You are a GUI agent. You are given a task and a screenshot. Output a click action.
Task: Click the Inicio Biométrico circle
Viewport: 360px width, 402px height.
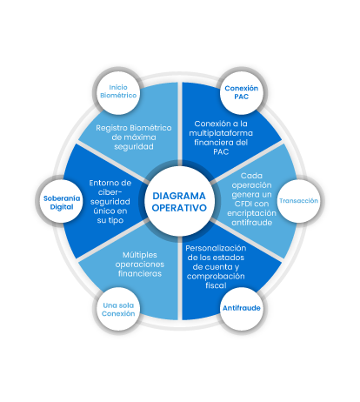(x=118, y=91)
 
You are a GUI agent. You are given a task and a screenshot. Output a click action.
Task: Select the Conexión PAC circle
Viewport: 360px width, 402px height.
(x=242, y=91)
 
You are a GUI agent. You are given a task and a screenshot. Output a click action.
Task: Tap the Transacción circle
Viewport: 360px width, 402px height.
(x=299, y=201)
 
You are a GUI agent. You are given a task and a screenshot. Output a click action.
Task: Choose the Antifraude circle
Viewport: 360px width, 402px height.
(x=242, y=308)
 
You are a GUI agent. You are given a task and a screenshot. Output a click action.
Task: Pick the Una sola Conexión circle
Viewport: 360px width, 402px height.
(x=118, y=309)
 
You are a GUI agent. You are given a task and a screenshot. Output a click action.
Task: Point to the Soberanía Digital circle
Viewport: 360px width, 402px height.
(x=61, y=201)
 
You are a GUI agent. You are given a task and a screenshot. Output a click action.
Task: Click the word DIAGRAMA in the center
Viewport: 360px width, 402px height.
(x=179, y=196)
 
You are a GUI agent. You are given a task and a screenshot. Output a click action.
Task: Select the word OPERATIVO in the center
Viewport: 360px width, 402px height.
(x=179, y=208)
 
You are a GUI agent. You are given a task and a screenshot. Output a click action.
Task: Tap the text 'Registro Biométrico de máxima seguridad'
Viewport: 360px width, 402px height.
(x=134, y=137)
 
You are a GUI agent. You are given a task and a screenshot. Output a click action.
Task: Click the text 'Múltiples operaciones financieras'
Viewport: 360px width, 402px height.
(x=140, y=265)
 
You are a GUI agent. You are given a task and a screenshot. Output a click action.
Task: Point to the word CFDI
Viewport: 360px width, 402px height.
(x=243, y=204)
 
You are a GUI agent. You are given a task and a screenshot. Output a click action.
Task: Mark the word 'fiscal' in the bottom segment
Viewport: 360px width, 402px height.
(x=216, y=285)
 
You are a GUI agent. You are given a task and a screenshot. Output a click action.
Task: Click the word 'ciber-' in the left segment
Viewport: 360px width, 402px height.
(x=110, y=192)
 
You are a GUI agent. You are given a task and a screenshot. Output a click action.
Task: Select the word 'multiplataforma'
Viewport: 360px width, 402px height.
(x=221, y=133)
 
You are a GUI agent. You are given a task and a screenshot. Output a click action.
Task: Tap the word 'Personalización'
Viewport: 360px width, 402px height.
(x=216, y=248)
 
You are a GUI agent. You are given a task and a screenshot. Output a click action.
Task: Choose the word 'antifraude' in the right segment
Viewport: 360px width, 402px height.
(x=251, y=223)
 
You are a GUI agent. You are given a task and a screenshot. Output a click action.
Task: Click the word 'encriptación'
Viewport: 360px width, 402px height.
(x=251, y=213)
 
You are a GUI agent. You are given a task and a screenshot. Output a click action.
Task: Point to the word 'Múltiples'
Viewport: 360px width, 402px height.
(x=140, y=255)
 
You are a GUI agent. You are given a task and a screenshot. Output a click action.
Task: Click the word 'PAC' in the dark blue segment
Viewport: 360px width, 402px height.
(x=221, y=151)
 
